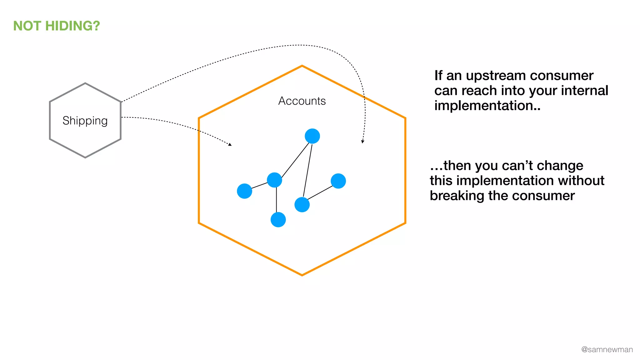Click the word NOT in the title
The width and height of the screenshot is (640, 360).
(27, 26)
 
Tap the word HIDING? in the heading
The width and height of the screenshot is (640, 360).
(72, 26)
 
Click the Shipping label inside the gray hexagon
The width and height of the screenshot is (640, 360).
(85, 121)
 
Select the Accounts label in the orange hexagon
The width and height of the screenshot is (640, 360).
(302, 101)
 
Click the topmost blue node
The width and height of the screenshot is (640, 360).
(312, 136)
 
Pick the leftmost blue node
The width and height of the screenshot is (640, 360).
(244, 191)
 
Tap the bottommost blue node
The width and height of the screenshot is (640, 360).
(278, 219)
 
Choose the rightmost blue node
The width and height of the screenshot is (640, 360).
(338, 181)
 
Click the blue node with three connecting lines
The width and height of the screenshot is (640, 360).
(274, 180)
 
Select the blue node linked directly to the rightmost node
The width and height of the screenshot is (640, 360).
(302, 205)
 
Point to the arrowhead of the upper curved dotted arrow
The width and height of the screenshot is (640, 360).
(362, 142)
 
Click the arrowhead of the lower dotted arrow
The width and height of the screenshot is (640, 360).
(230, 144)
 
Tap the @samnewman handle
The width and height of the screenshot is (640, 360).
(607, 349)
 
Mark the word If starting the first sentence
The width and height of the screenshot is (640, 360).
(438, 76)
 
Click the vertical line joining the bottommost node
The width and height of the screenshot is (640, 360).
(276, 200)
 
